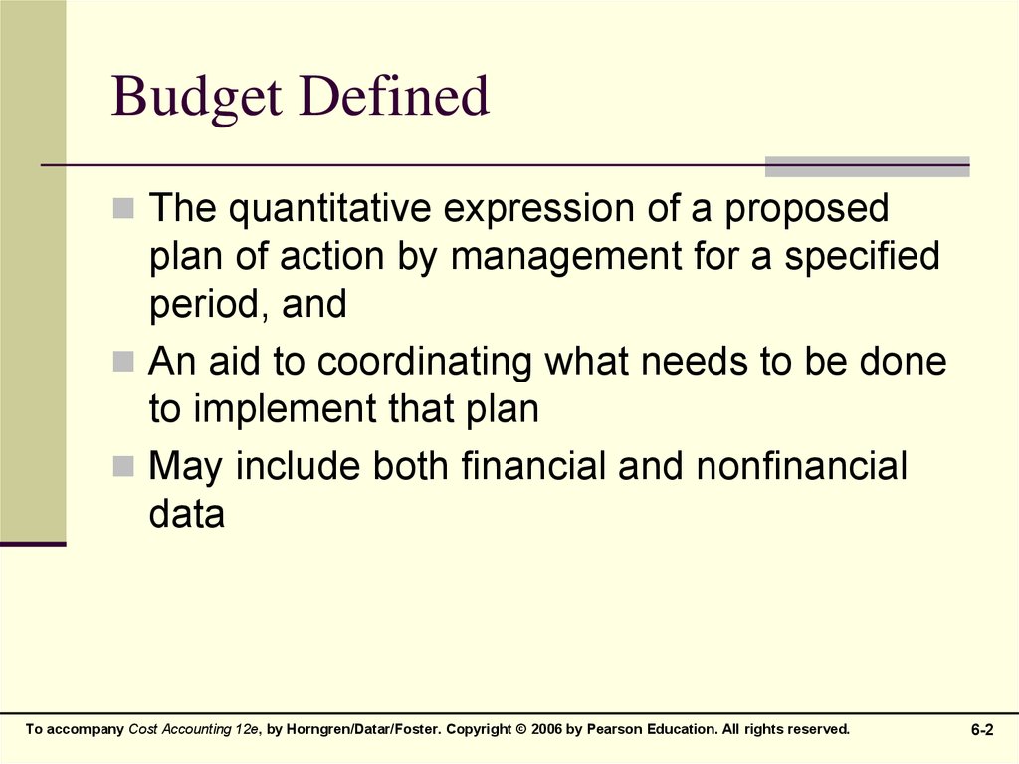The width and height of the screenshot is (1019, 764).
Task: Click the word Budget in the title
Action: [195, 99]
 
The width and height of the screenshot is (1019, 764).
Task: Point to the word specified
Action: [862, 258]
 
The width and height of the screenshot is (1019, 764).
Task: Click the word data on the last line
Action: [187, 515]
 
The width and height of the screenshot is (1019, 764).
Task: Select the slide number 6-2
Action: [982, 731]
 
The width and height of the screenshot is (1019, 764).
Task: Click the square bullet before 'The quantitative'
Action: [123, 210]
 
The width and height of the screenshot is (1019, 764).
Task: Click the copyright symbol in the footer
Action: [521, 730]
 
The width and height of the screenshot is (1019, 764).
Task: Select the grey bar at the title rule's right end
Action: [867, 166]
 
